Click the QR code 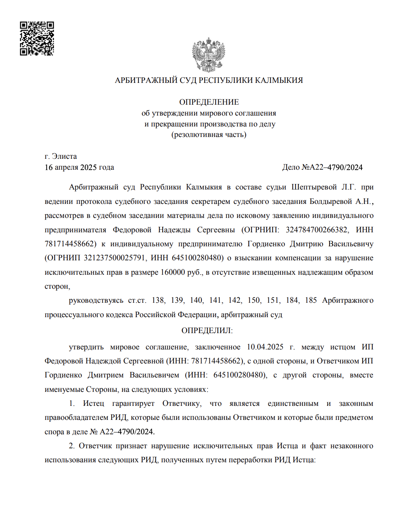pos(37,39)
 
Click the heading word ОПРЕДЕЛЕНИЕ pos(209,102)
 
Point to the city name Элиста pos(65,156)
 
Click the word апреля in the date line pos(67,167)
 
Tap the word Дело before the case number pos(291,167)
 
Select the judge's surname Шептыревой pos(314,187)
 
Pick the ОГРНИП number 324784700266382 pos(316,230)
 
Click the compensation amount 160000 pos(173,272)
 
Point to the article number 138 pos(158,300)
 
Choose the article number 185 pos(311,300)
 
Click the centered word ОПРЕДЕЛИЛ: pos(207,331)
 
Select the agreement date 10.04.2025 pos(265,347)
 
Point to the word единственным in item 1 pos(293,404)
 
